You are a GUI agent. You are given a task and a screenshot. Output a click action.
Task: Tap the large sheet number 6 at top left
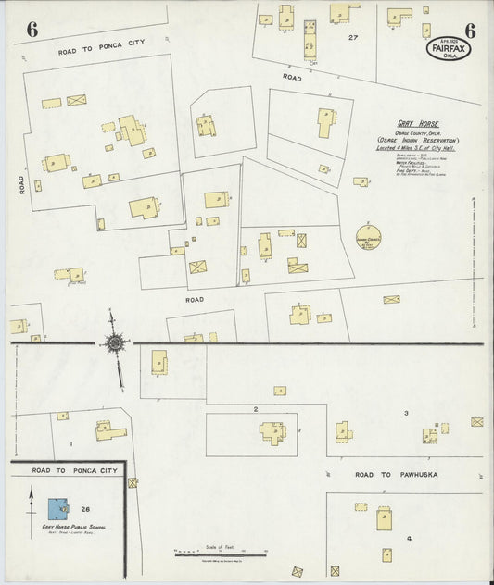point(32,29)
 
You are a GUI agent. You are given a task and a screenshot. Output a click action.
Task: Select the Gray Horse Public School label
point(66,527)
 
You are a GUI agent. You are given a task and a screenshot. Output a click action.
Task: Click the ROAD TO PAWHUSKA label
point(396,475)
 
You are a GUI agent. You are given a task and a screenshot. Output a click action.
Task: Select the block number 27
point(352,38)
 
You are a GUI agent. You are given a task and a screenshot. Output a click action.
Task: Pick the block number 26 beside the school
point(85,508)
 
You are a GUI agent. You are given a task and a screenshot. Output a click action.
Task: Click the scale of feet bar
point(221,554)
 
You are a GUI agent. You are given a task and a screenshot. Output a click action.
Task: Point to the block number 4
point(408,537)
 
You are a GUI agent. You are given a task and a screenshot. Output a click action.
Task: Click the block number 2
point(255,407)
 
